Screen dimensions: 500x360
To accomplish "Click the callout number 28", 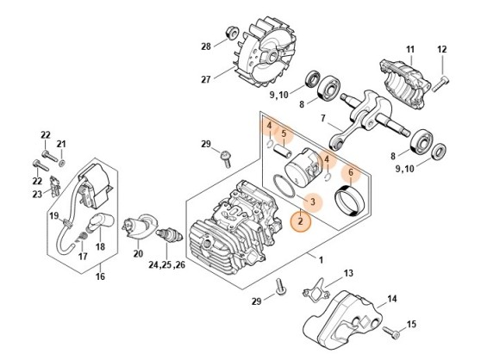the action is [x=206, y=47].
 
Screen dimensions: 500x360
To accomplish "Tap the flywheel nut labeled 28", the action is [x=233, y=33].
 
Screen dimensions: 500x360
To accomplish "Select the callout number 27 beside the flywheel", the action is [x=206, y=79].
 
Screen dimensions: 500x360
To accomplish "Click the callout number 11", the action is [x=410, y=49].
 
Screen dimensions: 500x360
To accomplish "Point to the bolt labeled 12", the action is [x=441, y=84].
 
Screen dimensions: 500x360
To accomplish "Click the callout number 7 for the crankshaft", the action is [x=323, y=119].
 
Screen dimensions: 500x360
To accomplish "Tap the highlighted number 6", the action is [x=351, y=172].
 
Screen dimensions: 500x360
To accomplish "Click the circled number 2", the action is [x=300, y=220].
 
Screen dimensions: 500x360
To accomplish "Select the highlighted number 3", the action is [x=312, y=202].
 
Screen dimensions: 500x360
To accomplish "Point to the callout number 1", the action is [x=321, y=260].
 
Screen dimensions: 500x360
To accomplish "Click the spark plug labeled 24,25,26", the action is [x=169, y=237].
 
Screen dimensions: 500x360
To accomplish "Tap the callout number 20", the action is [x=139, y=254].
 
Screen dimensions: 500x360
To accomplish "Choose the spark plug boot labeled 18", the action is [x=100, y=224].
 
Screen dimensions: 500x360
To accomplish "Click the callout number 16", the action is [x=100, y=276].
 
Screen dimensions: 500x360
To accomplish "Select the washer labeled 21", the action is [x=62, y=164].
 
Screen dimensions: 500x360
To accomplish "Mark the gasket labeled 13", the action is [x=316, y=290].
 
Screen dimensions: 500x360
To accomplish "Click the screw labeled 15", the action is [x=391, y=332].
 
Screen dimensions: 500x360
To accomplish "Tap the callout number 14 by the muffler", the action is [x=392, y=299].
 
